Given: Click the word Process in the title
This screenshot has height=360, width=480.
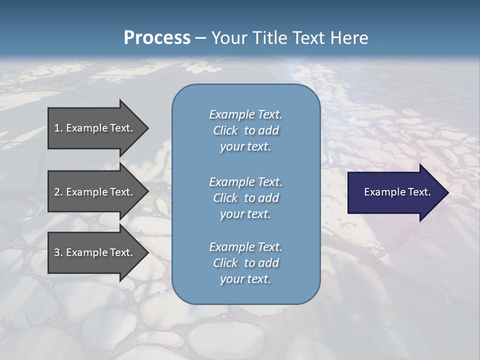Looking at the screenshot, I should coord(157,37).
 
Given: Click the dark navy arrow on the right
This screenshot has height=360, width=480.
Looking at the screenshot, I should coord(395,192).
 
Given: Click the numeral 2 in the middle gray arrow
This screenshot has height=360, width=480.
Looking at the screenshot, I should coord(57,192).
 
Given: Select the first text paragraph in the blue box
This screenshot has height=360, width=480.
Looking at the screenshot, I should coord(245,130).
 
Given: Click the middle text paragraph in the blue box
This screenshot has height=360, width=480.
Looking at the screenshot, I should coord(245,197).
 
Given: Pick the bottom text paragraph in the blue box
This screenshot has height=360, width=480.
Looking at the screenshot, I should coord(245,263).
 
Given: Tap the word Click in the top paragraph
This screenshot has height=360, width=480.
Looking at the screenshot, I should coord(225,130).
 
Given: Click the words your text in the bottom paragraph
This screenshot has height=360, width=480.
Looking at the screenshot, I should coord(245,279).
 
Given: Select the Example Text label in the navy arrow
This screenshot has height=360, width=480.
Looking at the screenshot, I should coord(397,192).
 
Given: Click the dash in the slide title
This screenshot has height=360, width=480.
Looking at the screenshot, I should coord(200,38).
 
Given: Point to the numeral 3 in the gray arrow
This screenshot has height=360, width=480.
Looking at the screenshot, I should coord(57,252).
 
